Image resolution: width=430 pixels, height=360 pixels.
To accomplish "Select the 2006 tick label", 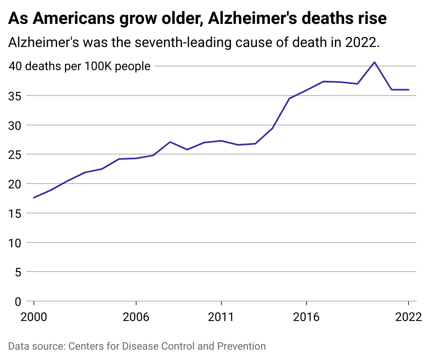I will point(136,317).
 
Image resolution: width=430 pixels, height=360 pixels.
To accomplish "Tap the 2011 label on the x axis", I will point(221,317).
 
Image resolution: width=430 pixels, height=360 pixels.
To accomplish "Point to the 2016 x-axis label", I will point(306,317).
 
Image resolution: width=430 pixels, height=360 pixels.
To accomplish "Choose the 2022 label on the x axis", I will point(408,317).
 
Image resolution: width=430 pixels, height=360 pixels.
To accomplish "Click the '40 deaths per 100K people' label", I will point(80,66).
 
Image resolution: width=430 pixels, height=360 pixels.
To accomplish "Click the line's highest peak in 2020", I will point(374,62).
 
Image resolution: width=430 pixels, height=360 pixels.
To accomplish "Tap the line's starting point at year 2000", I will point(34,198).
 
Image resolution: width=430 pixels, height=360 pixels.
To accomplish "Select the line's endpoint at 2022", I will point(408,90).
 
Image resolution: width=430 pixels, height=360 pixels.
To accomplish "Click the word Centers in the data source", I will point(83,346).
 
